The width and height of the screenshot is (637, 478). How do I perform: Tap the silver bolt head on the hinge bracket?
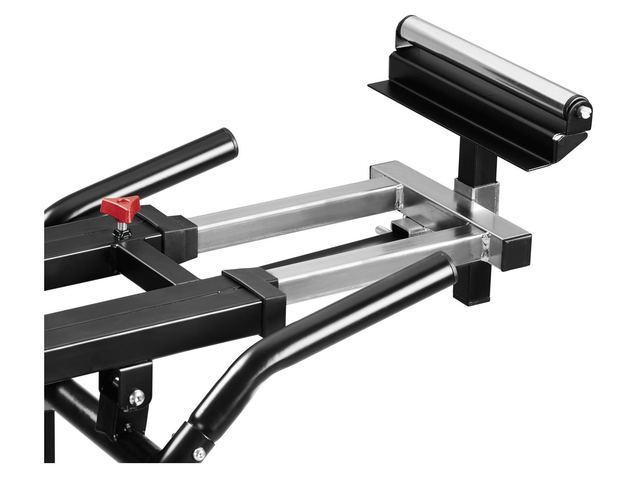137,397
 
